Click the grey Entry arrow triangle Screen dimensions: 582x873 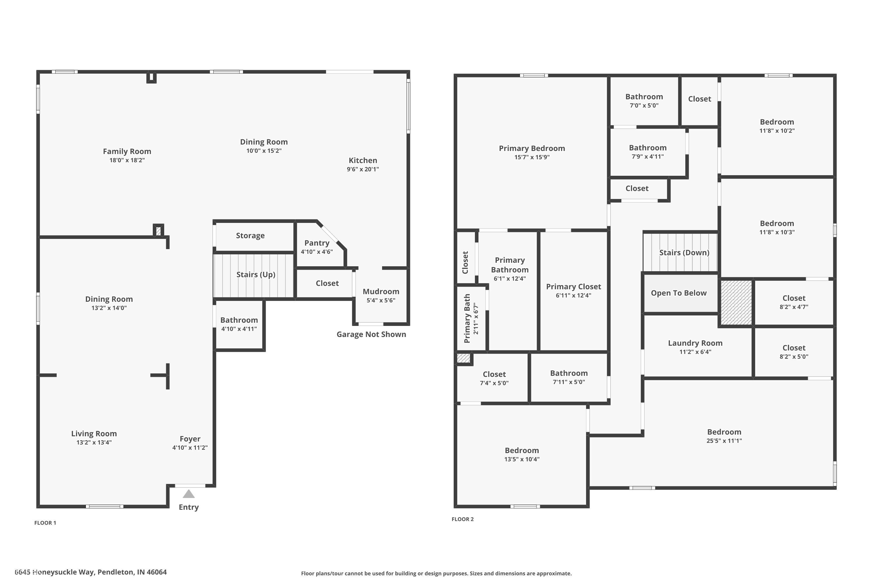pos(189,494)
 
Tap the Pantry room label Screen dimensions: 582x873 pos(317,243)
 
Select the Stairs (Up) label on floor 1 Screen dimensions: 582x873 pos(256,275)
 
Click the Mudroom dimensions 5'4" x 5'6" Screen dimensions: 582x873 pos(381,300)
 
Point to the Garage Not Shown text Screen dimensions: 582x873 pos(371,334)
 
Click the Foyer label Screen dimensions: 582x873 pos(190,439)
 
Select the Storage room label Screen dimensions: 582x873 pos(250,236)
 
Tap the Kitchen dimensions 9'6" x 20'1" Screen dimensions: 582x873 pos(363,169)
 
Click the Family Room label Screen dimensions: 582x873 pos(127,151)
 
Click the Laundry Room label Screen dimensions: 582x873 pos(695,343)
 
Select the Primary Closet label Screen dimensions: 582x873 pos(573,287)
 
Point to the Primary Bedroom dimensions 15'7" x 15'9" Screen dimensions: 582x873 pos(532,157)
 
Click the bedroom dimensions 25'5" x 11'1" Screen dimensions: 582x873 pos(724,441)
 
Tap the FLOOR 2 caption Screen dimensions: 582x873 pos(462,519)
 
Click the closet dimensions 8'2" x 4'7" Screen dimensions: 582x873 pos(794,307)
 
